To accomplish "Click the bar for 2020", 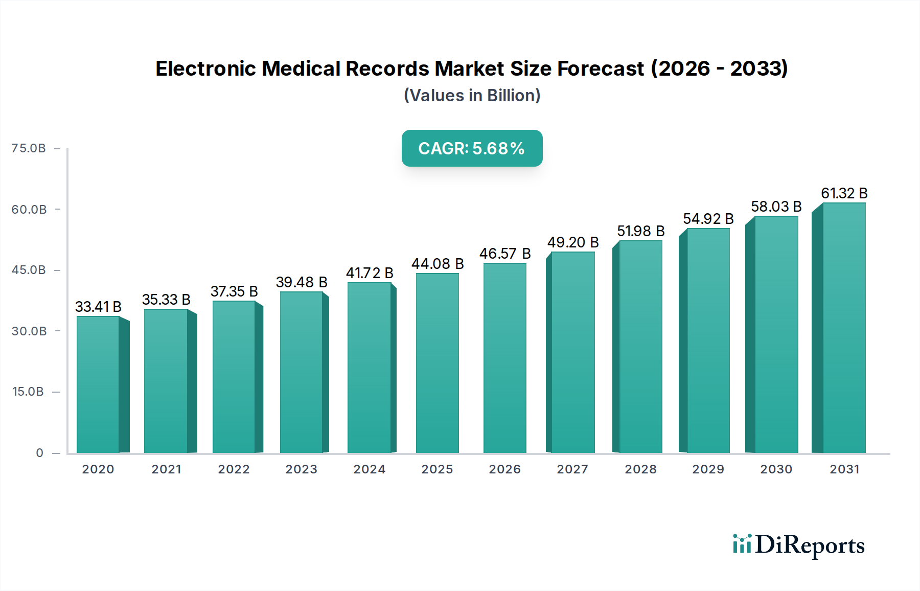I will (98, 384).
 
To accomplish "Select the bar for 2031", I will (843, 328).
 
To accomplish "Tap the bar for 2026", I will (504, 358).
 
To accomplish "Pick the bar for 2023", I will (302, 372).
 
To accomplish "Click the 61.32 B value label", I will (844, 193).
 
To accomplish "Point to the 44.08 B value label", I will (438, 264).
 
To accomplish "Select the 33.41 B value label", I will (98, 307).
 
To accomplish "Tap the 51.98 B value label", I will (640, 231).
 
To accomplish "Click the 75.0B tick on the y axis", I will (29, 148).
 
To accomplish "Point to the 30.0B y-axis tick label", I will (29, 331).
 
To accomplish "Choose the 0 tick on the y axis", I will (39, 453).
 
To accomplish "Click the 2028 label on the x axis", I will (640, 469).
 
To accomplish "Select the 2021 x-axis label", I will (166, 469).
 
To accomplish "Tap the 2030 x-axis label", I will (776, 469).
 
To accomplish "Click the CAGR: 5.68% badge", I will (472, 148).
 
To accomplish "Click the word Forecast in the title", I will (600, 69).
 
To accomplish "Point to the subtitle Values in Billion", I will (472, 96).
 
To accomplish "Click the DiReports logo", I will (798, 545).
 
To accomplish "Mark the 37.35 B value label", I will (234, 291).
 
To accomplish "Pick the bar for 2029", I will (708, 340).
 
